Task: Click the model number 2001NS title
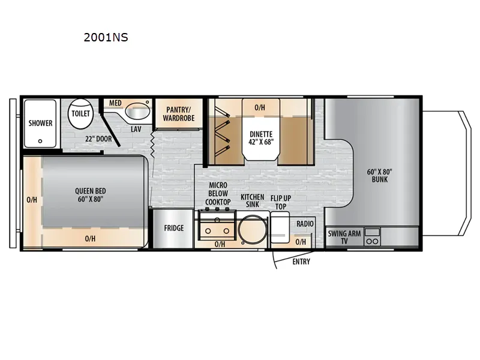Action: (x=106, y=37)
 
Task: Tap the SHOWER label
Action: (x=40, y=123)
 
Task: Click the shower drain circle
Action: (x=40, y=141)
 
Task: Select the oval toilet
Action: (x=80, y=113)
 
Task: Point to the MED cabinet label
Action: (x=115, y=103)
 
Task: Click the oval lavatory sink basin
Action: (x=137, y=111)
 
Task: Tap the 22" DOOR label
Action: (x=98, y=139)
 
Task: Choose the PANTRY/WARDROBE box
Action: (x=179, y=113)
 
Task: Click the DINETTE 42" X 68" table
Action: (x=261, y=130)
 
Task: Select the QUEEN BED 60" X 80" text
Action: (x=91, y=195)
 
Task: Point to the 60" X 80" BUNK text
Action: (x=380, y=175)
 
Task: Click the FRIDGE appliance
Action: (x=173, y=229)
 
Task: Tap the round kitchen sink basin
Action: (x=253, y=229)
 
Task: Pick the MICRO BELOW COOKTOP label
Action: (x=218, y=193)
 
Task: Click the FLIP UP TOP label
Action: (x=281, y=202)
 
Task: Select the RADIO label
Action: (x=305, y=224)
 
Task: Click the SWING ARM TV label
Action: (x=344, y=237)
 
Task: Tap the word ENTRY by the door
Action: (x=301, y=262)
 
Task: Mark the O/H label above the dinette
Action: (x=260, y=107)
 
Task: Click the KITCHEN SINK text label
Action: (x=252, y=201)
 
